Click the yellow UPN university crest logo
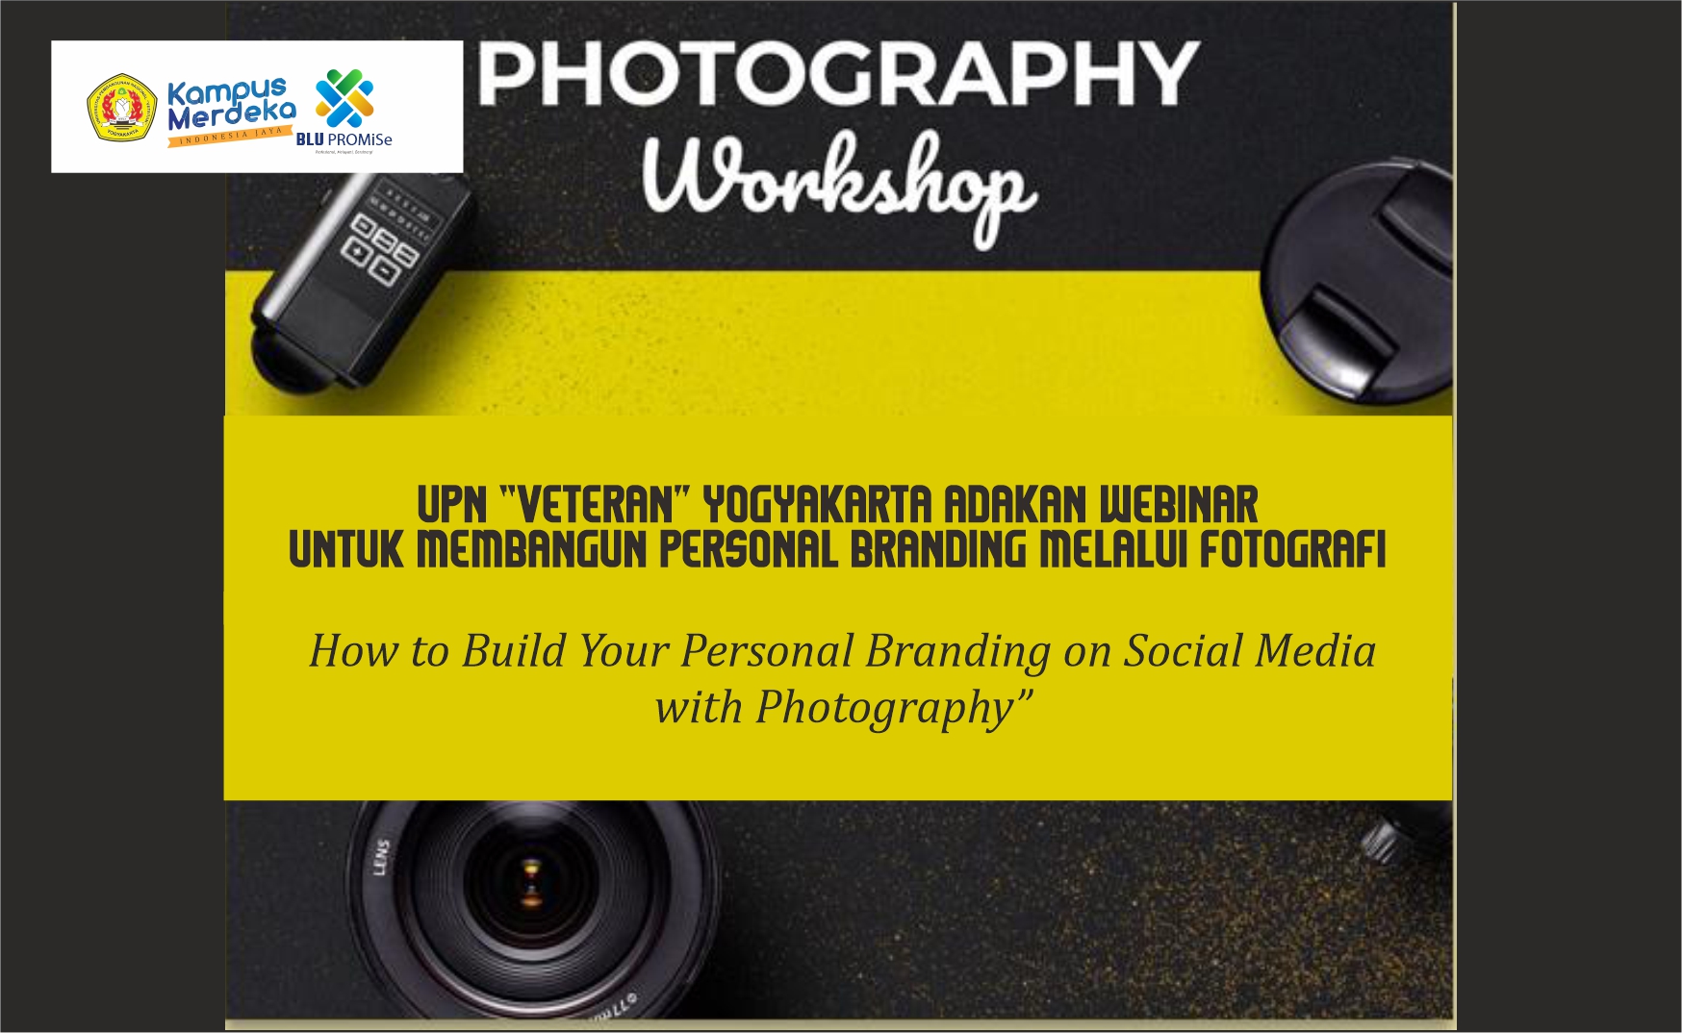click(122, 108)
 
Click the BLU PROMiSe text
click(344, 139)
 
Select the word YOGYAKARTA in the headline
click(817, 505)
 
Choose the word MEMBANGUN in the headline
click(531, 550)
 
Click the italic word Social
click(1182, 651)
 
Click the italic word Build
click(514, 651)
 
